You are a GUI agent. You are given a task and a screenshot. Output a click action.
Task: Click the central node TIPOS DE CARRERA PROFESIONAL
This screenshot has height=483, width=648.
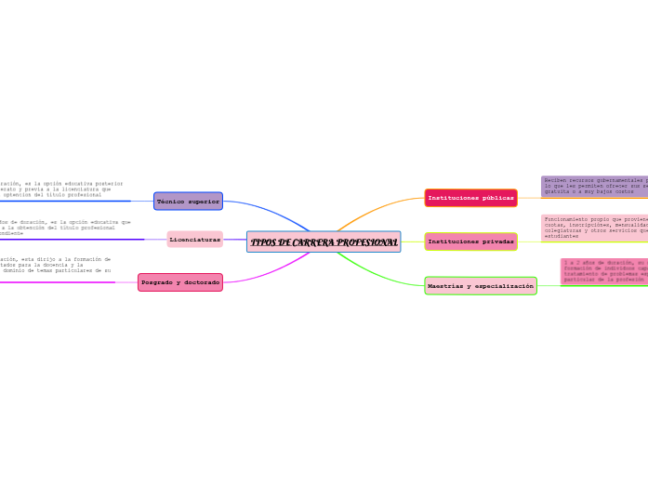pyautogui.click(x=324, y=242)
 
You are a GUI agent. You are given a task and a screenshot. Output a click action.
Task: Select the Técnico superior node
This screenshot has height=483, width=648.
pyautogui.click(x=188, y=201)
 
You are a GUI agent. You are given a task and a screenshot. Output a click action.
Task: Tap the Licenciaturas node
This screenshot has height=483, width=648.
pyautogui.click(x=195, y=240)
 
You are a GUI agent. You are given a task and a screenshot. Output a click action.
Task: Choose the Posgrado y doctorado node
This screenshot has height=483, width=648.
pyautogui.click(x=180, y=282)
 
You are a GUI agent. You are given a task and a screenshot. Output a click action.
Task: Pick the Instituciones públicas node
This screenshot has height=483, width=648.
pyautogui.click(x=470, y=198)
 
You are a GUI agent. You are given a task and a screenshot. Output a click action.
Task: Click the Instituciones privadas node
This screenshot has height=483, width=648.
pyautogui.click(x=470, y=241)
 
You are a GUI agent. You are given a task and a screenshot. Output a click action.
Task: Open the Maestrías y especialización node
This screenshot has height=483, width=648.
pyautogui.click(x=481, y=286)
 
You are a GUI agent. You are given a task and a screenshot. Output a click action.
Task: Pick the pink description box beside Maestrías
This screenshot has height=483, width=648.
pyautogui.click(x=604, y=271)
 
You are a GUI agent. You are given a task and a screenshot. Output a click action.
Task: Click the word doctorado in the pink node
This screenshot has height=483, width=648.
pyautogui.click(x=201, y=282)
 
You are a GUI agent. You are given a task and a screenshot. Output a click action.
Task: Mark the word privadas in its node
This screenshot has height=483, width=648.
pyautogui.click(x=497, y=241)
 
